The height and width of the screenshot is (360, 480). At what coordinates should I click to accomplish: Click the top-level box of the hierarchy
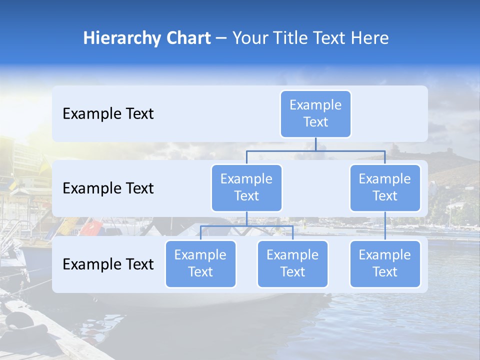tap(315, 113)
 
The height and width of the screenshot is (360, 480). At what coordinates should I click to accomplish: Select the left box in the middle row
tap(246, 187)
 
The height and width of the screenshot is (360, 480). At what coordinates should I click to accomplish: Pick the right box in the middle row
tap(385, 187)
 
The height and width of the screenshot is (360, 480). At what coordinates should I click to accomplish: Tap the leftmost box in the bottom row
tap(200, 263)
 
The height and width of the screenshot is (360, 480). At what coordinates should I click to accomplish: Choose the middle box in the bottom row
tap(292, 263)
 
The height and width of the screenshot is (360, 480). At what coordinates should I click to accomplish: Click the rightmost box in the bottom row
tap(385, 263)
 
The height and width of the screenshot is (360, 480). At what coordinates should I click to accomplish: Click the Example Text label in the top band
tap(108, 114)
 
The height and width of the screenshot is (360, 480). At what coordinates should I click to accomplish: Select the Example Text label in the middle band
tap(108, 188)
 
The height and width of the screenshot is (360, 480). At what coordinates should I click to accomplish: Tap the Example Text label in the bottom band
tap(108, 264)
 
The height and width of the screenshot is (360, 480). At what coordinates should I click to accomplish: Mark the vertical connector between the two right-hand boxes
tap(385, 226)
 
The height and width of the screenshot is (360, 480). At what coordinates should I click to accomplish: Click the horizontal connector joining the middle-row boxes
tap(315, 150)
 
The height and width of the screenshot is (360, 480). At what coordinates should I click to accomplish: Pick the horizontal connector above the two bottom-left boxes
tap(246, 226)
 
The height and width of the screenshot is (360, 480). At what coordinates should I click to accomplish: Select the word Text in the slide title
tap(327, 38)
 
